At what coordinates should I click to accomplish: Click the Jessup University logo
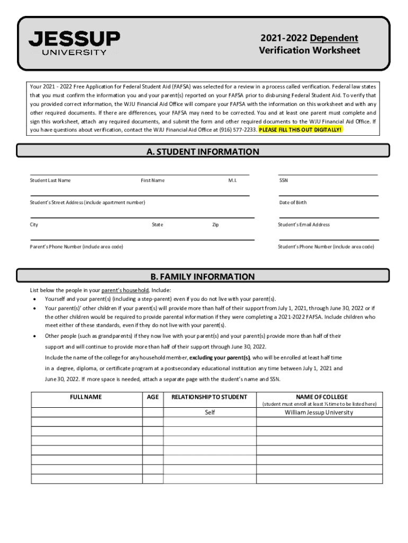74,42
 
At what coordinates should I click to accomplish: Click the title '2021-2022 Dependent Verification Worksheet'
309,45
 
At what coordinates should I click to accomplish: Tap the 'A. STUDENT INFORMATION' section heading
203,152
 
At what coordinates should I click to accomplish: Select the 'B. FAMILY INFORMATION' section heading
203,277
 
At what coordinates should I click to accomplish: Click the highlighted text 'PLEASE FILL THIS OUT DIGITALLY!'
300,129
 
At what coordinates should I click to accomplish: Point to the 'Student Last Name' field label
50,180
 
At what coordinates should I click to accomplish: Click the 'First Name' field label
153,180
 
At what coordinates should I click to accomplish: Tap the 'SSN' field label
283,180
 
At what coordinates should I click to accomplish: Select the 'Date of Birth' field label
292,203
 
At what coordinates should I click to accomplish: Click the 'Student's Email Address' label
304,224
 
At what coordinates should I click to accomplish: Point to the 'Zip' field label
216,225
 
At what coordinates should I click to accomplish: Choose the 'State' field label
157,224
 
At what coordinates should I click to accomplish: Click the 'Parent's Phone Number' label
76,247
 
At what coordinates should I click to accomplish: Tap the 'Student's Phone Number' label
326,247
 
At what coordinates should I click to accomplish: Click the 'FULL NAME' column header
86,397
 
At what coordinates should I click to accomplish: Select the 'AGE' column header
153,397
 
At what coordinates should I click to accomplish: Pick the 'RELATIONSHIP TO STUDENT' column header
209,397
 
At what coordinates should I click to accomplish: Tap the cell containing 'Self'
210,412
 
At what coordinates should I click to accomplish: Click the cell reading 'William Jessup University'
319,412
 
